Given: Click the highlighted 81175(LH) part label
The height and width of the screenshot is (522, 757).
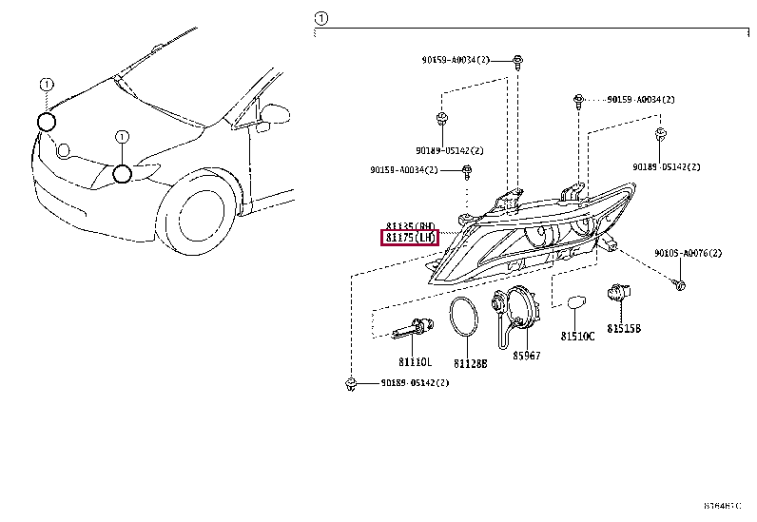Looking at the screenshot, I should [x=409, y=237].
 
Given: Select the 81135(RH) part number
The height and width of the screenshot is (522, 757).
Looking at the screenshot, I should [x=410, y=225].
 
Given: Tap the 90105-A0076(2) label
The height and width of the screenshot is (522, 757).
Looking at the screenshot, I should [x=688, y=254].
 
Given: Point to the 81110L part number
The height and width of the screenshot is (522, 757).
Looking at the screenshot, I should [x=415, y=362].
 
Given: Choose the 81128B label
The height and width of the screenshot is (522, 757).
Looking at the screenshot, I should [x=470, y=363].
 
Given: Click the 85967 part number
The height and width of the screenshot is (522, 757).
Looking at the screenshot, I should [x=526, y=356].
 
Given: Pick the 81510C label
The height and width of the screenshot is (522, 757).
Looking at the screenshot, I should [x=576, y=337].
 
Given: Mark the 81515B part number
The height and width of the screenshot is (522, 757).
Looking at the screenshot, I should [x=625, y=328].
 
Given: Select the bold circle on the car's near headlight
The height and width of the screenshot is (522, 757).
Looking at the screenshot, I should [x=121, y=173].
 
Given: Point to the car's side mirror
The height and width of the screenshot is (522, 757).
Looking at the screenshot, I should [x=273, y=114].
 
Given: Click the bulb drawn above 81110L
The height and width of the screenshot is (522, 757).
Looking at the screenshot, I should [x=414, y=330].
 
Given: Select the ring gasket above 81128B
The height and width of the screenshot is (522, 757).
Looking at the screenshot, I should [x=464, y=317].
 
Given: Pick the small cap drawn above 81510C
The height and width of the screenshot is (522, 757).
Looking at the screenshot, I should [x=574, y=303].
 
